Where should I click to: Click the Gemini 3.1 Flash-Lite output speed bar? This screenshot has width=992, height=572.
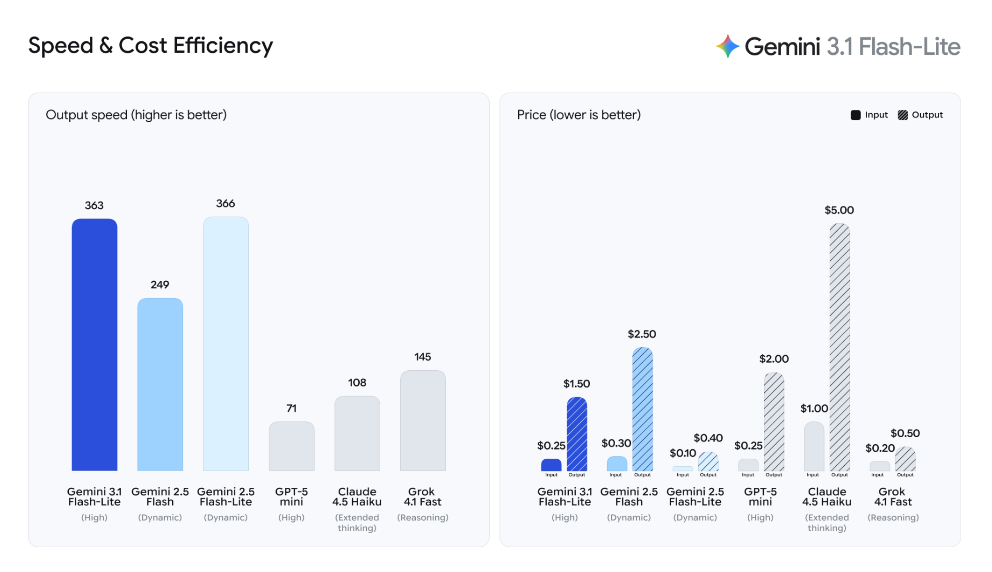click(94, 345)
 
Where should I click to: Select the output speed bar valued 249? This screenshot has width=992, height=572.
click(160, 384)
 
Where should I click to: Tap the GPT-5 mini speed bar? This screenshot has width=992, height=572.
click(291, 446)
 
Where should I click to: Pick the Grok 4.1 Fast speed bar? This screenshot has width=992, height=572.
click(423, 420)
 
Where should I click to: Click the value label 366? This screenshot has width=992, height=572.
click(225, 204)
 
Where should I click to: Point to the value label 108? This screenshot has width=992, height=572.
click(357, 383)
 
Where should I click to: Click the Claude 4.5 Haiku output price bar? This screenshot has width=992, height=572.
click(840, 347)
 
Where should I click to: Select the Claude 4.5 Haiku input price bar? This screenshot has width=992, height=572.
click(814, 446)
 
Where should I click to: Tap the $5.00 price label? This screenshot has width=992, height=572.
click(839, 210)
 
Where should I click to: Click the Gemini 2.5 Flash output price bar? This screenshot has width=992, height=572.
click(642, 409)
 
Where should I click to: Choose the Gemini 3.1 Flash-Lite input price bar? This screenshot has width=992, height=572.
click(551, 465)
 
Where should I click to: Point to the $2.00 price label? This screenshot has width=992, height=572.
click(774, 359)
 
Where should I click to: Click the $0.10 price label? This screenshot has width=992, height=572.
click(682, 453)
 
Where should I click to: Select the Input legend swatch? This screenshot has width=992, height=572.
click(855, 115)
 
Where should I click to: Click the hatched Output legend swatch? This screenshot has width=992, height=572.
click(903, 115)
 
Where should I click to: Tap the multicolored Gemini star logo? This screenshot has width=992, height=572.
click(728, 46)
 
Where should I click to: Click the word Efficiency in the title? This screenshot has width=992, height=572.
click(223, 46)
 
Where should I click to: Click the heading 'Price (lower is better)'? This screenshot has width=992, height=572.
click(579, 115)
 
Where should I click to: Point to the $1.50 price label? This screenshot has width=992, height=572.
click(576, 384)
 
